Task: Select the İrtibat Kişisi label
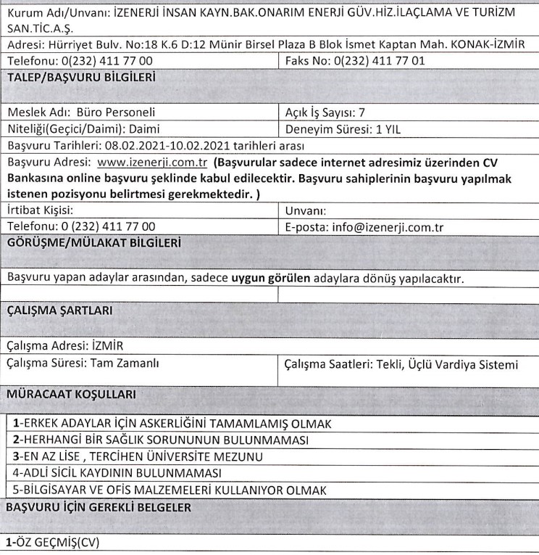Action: [x=39, y=211]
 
